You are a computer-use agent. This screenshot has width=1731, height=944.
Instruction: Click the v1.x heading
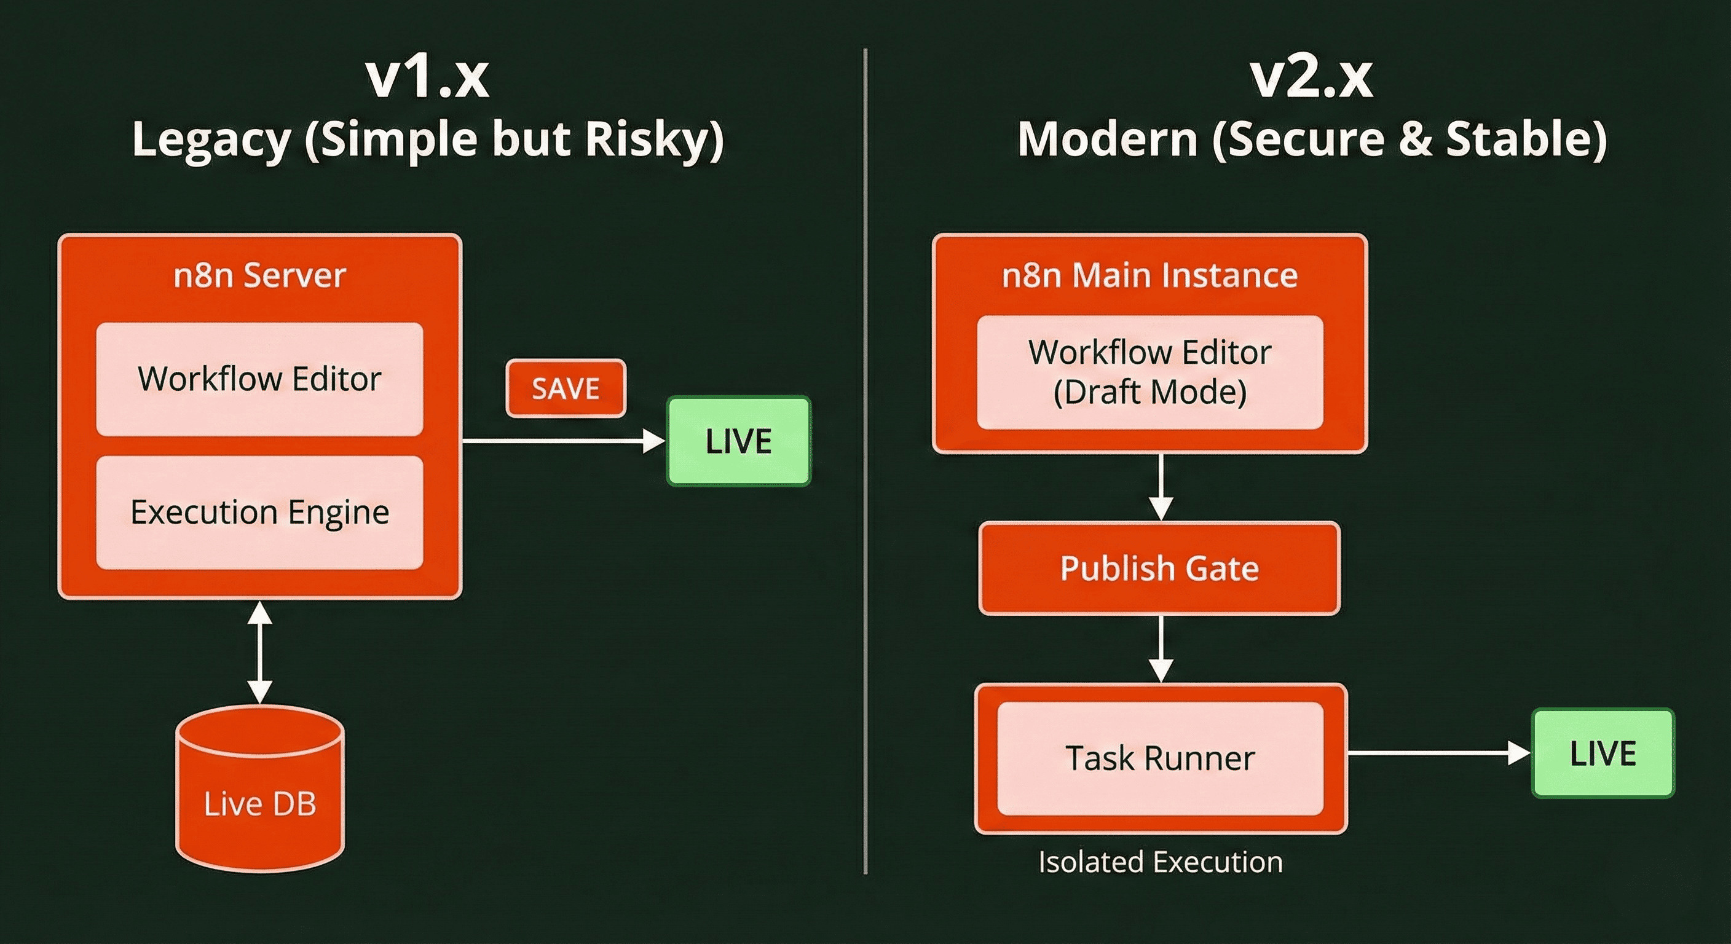pyautogui.click(x=427, y=78)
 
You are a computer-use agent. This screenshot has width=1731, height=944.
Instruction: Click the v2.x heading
pyautogui.click(x=1311, y=78)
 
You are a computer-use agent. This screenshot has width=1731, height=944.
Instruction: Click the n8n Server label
pyautogui.click(x=259, y=275)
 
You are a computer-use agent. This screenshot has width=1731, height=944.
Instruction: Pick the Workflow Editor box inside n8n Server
pyautogui.click(x=259, y=379)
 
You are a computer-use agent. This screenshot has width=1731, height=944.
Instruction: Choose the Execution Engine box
pyautogui.click(x=259, y=512)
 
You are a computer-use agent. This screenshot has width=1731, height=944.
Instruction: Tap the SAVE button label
pyautogui.click(x=566, y=388)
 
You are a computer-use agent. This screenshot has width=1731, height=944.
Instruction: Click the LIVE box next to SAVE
pyautogui.click(x=738, y=441)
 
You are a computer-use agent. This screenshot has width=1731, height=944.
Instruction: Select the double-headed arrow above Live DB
pyautogui.click(x=259, y=651)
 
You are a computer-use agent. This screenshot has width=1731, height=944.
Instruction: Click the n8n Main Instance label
pyautogui.click(x=1149, y=275)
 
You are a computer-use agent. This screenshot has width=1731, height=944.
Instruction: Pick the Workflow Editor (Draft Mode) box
pyautogui.click(x=1149, y=372)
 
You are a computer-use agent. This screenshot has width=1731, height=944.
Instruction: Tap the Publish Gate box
pyautogui.click(x=1159, y=568)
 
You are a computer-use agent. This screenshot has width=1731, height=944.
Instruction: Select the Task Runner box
pyautogui.click(x=1160, y=758)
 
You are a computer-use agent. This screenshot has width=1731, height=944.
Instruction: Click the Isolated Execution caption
pyautogui.click(x=1160, y=862)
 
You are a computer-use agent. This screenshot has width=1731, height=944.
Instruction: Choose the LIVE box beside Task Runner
pyautogui.click(x=1603, y=753)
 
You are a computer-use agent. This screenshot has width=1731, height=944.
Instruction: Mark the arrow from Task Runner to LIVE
pyautogui.click(x=1438, y=753)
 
